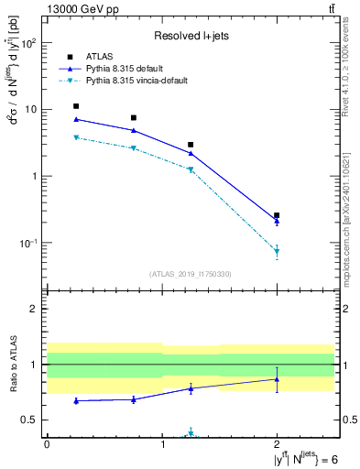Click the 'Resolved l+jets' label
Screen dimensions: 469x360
[x=191, y=36]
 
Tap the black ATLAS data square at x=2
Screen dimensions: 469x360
[x=277, y=215]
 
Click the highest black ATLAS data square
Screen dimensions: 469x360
[x=76, y=106]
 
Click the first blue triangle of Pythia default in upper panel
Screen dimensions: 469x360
[x=76, y=119]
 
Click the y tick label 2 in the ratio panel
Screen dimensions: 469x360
[x=37, y=310]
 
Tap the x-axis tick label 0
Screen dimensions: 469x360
[x=47, y=444]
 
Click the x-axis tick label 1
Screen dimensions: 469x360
[x=162, y=444]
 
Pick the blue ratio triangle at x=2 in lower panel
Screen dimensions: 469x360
[x=277, y=378]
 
